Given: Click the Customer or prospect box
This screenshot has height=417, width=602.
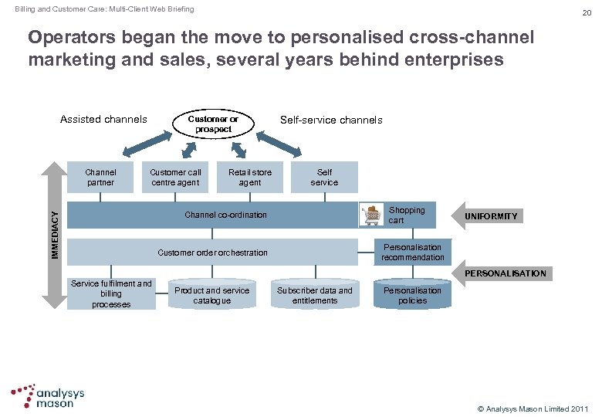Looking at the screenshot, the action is coord(213,124).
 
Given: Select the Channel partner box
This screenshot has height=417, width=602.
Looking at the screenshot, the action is coord(100,178).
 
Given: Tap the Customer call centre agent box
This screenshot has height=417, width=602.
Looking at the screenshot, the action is coord(175,178).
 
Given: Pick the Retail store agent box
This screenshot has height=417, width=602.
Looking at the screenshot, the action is coord(249,178).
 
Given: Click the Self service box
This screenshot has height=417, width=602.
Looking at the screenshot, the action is coord(324,178).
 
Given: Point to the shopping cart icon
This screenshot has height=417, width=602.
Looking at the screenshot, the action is coord(373,215).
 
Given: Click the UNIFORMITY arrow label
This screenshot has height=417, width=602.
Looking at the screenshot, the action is coord(492,216).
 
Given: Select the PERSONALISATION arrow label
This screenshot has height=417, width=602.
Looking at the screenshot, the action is coord(506,273).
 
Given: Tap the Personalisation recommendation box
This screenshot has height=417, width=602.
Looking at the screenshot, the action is coord(412,253).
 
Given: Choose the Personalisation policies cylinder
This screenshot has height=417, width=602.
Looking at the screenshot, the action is coord(412,295).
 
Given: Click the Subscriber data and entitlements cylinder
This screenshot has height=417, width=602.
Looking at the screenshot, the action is coord(315,295).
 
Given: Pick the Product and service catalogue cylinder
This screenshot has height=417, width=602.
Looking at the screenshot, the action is coord(211,295).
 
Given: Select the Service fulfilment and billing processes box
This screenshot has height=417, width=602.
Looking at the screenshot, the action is coord(111,294).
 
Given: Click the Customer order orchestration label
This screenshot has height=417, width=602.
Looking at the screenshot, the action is coord(212,253).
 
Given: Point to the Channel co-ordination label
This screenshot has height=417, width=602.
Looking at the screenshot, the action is coord(226,215).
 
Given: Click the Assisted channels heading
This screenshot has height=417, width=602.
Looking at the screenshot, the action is coord(103,120).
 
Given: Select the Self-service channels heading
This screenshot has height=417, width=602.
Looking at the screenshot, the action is coord(331,120).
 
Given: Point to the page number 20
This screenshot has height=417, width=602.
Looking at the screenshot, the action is coord(586,12).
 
